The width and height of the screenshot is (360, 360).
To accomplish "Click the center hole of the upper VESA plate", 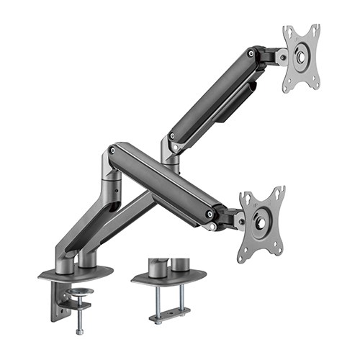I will [301, 58].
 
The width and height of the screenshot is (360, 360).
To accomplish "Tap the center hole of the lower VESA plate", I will [261, 220].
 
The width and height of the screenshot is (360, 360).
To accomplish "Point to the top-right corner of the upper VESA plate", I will [316, 27].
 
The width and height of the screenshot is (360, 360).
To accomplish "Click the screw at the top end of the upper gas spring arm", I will [251, 53].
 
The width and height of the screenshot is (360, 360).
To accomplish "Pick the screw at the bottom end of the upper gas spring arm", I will [172, 136].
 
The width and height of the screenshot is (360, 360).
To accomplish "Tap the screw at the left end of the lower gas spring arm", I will [112, 150].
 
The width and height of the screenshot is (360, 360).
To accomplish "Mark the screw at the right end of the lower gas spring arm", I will [209, 214].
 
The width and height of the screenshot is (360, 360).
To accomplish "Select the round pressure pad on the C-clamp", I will [78, 292].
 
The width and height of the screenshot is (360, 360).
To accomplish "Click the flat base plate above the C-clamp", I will [76, 273].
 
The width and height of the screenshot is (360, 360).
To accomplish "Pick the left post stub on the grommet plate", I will [158, 266].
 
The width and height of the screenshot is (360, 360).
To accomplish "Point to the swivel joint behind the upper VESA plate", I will [277, 55].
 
